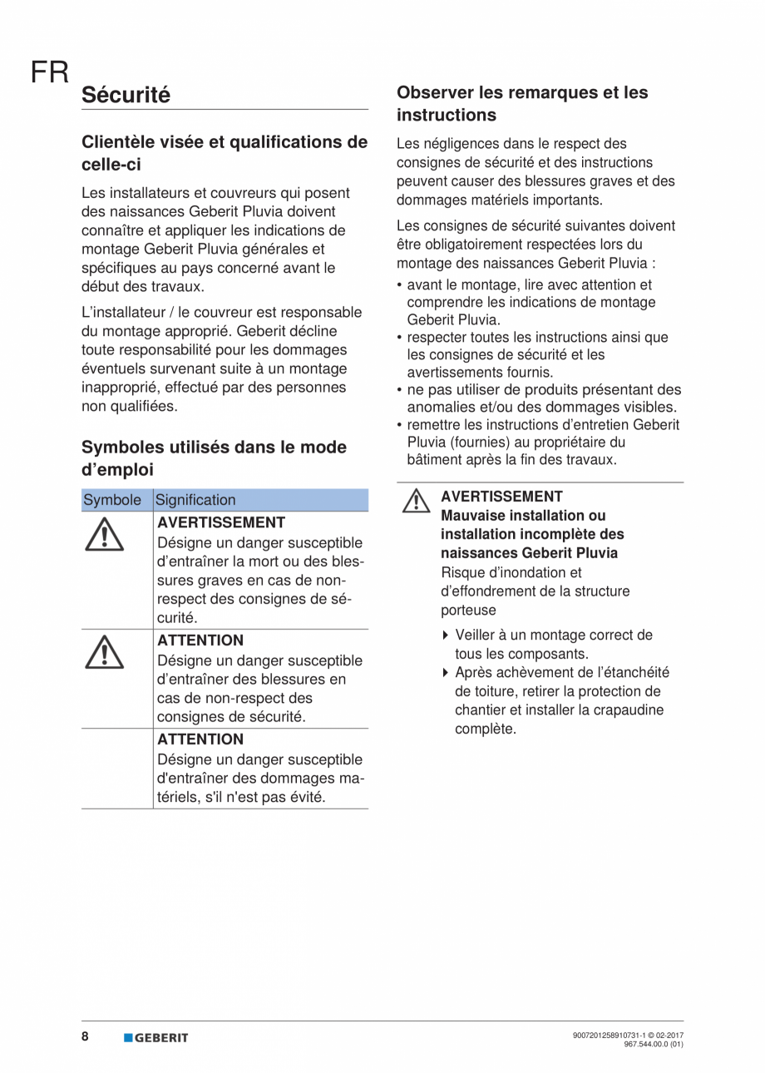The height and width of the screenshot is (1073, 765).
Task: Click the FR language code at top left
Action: pos(49,72)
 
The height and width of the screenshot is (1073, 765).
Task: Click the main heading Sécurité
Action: pos(126,95)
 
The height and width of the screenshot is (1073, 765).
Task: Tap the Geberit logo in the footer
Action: pos(156,1037)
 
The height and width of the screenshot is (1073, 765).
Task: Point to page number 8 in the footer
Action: pos(86,1036)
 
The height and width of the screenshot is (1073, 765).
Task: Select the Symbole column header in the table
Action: pos(112,500)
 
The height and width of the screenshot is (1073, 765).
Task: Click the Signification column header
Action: pos(195,500)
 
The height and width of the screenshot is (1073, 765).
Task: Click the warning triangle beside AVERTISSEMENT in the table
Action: pos(105,534)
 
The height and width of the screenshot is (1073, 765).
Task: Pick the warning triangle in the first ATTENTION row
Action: pos(105,652)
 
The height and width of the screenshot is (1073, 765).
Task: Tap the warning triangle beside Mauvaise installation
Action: pos(416,502)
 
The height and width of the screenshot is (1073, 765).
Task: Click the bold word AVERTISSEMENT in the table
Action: pos(221,522)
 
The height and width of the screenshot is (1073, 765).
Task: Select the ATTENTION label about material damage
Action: pos(200,739)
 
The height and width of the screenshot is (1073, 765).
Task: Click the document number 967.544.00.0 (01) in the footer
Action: pos(653,1044)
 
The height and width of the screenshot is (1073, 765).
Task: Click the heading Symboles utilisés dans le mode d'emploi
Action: pos(214,458)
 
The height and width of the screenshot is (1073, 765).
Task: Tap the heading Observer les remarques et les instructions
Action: pos(522,103)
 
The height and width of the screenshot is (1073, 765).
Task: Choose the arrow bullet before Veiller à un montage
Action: pos(446,635)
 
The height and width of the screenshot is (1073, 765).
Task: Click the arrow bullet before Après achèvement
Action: pos(446,673)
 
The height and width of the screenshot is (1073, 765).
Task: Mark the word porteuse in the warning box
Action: pos(468,610)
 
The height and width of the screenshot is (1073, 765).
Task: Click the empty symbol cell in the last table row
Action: pos(116,768)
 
